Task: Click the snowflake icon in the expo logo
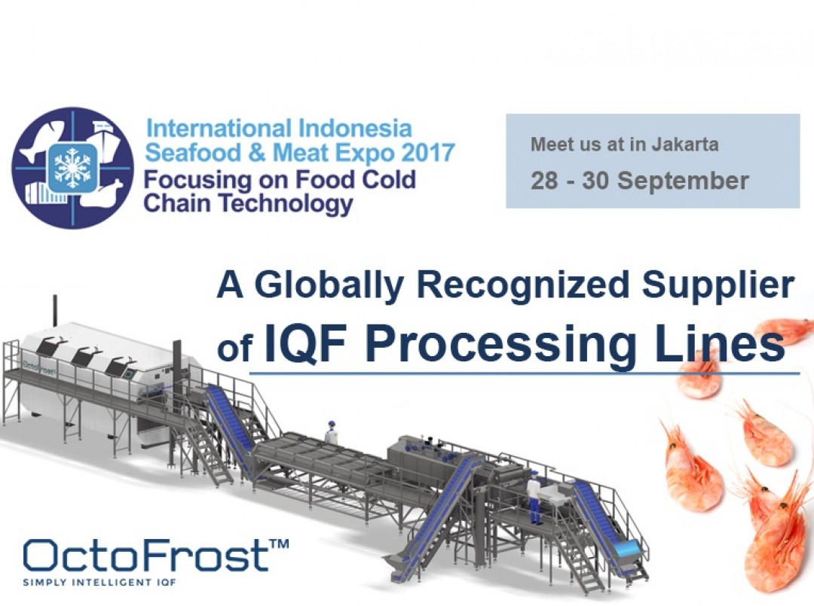coord(72,167)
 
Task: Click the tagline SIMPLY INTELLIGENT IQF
coord(99,582)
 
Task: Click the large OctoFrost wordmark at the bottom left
coord(146,554)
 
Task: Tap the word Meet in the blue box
coord(548,144)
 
